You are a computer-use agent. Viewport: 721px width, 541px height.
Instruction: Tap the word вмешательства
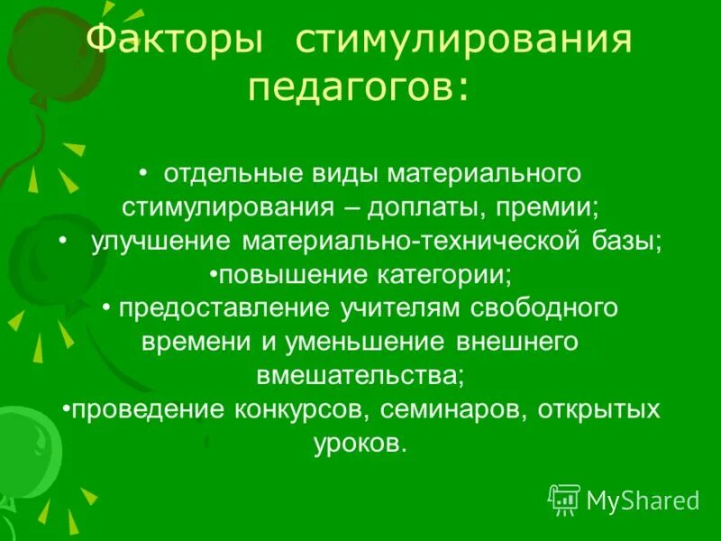click(x=360, y=375)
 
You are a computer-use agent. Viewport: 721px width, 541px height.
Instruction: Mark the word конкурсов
click(x=298, y=410)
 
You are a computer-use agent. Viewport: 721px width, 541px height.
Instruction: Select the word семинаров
click(x=453, y=410)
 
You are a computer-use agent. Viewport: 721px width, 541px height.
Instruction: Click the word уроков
click(x=360, y=445)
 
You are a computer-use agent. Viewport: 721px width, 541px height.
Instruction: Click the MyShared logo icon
click(x=564, y=499)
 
